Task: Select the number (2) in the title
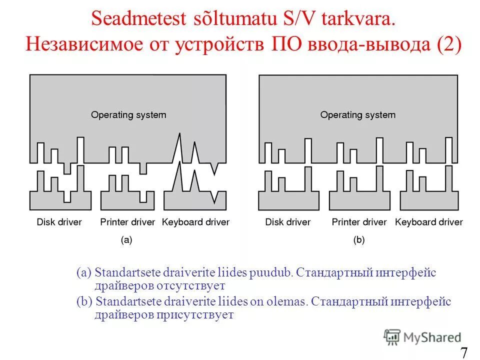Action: [x=448, y=44]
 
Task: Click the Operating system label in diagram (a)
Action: [x=128, y=115]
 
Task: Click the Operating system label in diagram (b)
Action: [x=358, y=115]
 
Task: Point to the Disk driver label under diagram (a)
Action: [x=59, y=221]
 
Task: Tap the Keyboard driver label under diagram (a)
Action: [x=195, y=221]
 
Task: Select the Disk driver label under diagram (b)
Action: [x=288, y=221]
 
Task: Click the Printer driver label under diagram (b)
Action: [x=359, y=221]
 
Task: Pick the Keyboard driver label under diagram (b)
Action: [x=429, y=221]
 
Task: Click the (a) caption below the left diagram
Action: [x=126, y=240]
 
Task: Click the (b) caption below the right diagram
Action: [x=359, y=240]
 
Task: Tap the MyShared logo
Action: [x=422, y=337]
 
